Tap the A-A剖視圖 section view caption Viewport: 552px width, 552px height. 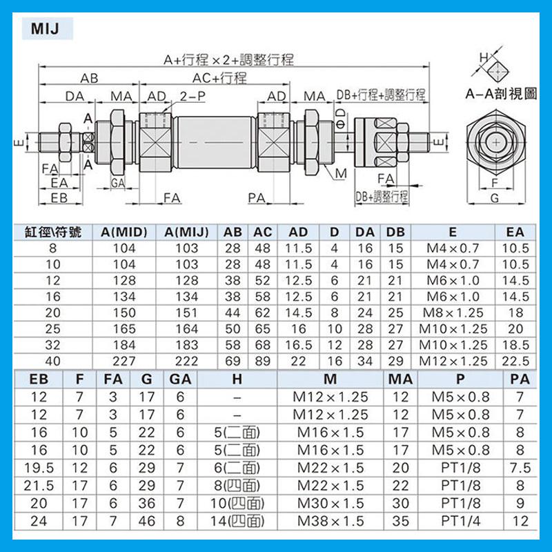coord(500,95)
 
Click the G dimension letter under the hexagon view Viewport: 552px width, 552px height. coord(494,198)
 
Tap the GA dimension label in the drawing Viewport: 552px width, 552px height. coord(117,182)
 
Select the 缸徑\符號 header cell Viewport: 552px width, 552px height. coord(53,232)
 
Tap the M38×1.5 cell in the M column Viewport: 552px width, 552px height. coord(331,521)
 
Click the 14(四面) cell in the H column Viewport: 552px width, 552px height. coord(237,521)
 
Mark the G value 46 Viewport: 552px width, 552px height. coord(147,521)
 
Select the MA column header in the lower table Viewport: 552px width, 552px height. coord(400,378)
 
